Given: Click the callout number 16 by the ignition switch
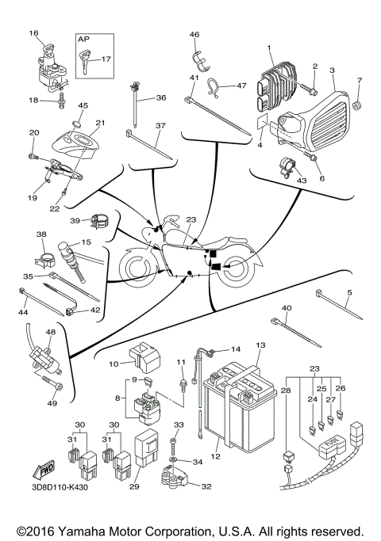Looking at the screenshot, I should (x=33, y=33).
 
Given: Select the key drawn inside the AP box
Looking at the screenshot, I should (x=84, y=58).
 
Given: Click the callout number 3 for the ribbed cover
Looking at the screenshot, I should (x=333, y=70).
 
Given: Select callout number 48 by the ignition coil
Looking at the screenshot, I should (x=49, y=332).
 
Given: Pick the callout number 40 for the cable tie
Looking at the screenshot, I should (x=287, y=308).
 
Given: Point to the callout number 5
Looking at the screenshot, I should (x=348, y=293).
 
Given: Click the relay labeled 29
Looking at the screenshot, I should (x=147, y=448).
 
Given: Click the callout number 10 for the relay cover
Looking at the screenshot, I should (x=114, y=363).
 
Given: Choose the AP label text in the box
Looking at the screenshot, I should (x=82, y=38).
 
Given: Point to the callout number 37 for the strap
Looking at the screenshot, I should (x=160, y=126).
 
